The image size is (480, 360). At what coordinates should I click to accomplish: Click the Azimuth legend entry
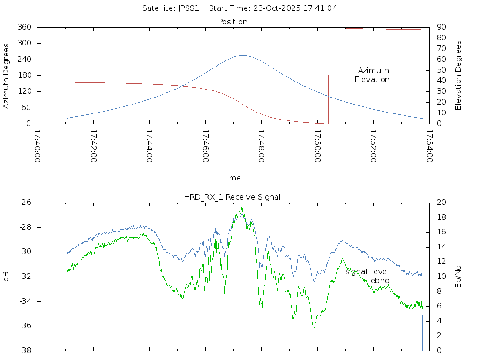click(x=374, y=70)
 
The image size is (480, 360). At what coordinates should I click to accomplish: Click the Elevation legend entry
click(x=372, y=80)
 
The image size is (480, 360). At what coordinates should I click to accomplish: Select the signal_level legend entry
click(x=367, y=271)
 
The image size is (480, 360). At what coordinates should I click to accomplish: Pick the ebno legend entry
click(x=380, y=280)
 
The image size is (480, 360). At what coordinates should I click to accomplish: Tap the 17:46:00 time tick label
click(x=205, y=146)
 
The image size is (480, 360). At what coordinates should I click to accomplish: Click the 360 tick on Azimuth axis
click(x=24, y=27)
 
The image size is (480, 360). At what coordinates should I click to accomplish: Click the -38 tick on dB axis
click(x=24, y=350)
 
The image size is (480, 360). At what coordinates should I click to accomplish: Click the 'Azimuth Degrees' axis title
click(x=7, y=75)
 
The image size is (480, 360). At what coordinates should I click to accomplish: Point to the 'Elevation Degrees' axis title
click(x=458, y=75)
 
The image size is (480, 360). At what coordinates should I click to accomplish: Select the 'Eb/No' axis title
click(x=458, y=276)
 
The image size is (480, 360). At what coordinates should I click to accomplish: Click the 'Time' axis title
click(x=232, y=178)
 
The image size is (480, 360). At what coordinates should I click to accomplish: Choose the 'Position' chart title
click(x=233, y=22)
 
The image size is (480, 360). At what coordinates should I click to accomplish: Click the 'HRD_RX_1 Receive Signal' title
click(x=232, y=197)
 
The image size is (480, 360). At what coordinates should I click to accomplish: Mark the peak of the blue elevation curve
click(x=242, y=55)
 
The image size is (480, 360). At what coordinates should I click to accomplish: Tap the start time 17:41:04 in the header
click(x=323, y=8)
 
